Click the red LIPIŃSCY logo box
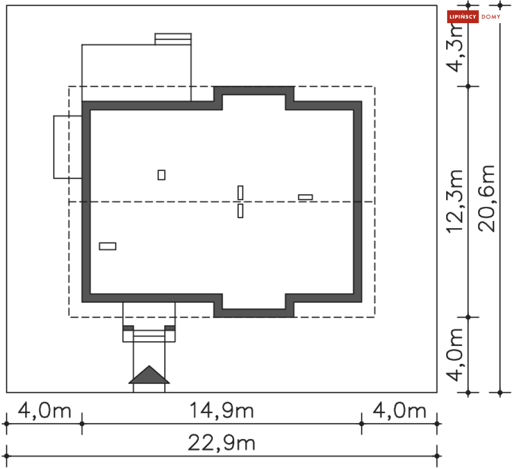pos(463,16)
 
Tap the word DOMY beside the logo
pos(491,16)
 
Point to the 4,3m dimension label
pos(455,48)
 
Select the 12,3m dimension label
pos(455,201)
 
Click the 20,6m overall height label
pos(487,199)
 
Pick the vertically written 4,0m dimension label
pos(455,355)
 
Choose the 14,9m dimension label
pos(221,410)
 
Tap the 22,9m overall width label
pos(221,443)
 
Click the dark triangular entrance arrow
pos(149,376)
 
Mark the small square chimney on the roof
pos(161,175)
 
